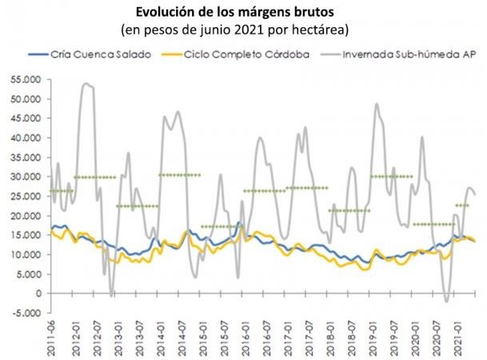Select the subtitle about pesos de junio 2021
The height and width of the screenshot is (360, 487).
(x=244, y=30)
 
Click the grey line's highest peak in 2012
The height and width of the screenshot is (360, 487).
(x=86, y=83)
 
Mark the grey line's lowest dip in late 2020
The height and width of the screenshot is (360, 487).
(x=446, y=302)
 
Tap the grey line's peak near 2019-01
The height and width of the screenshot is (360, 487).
(x=377, y=104)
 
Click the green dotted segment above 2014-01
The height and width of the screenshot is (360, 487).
(x=179, y=174)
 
